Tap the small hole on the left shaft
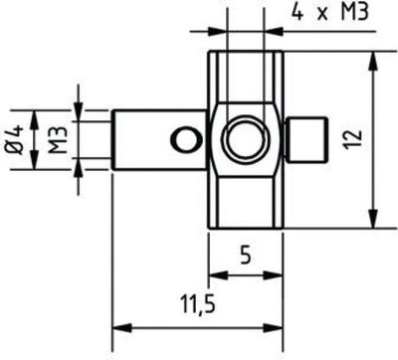(x=180, y=140)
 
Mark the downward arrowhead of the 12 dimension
(x=373, y=225)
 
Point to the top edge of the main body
(x=243, y=52)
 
